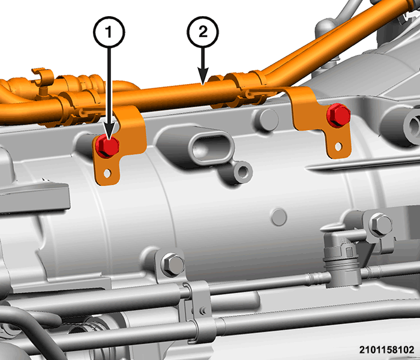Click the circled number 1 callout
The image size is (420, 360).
[x=109, y=32]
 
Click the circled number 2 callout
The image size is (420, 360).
[x=203, y=32]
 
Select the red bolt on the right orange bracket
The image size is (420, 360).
[x=338, y=115]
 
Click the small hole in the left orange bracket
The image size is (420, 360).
[x=107, y=173]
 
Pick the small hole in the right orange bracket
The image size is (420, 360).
[x=338, y=146]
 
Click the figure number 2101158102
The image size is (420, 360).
[x=386, y=350]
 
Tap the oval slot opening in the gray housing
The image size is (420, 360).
[x=211, y=148]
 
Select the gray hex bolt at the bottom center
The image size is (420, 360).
[x=173, y=265]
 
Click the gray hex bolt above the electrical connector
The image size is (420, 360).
[x=380, y=225]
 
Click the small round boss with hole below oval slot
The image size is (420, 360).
[x=243, y=172]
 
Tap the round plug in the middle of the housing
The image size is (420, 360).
[x=279, y=217]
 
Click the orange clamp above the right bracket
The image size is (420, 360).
[x=247, y=86]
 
